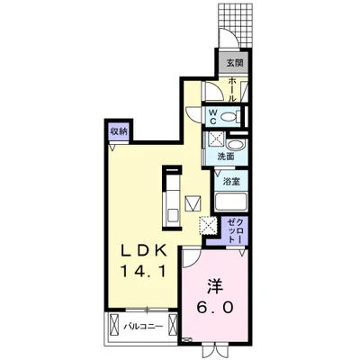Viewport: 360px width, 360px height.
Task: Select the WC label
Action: click(x=213, y=115)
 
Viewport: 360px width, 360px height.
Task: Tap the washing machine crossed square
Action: click(x=214, y=140)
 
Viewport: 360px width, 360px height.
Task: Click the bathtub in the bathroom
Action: click(x=233, y=200)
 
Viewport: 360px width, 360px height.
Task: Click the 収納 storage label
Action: click(x=119, y=131)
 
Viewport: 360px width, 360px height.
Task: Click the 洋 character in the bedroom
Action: click(x=215, y=285)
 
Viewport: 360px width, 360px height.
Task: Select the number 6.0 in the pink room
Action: click(x=215, y=306)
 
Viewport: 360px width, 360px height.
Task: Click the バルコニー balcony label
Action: click(x=143, y=326)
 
